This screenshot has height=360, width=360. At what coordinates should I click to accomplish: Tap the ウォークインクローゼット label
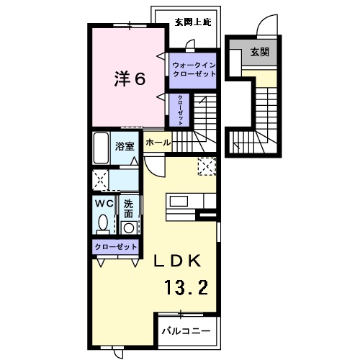pyautogui.click(x=192, y=70)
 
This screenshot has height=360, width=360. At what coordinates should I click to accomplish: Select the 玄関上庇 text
pyautogui.click(x=190, y=22)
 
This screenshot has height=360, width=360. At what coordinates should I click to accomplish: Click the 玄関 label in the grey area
pyautogui.click(x=260, y=53)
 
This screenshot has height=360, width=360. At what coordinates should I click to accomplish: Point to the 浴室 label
pyautogui.click(x=125, y=145)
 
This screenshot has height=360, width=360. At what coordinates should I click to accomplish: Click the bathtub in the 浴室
pyautogui.click(x=101, y=148)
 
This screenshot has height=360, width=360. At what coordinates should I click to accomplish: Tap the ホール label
pyautogui.click(x=158, y=143)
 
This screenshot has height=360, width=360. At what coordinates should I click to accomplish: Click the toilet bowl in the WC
pyautogui.click(x=104, y=222)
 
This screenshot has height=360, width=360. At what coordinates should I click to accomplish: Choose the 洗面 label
pyautogui.click(x=128, y=208)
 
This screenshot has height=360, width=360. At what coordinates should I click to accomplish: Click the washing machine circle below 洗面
pyautogui.click(x=129, y=228)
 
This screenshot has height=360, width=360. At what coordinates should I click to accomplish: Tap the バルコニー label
pyautogui.click(x=185, y=331)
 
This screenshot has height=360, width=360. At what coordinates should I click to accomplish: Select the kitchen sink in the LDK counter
pyautogui.click(x=177, y=201)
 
